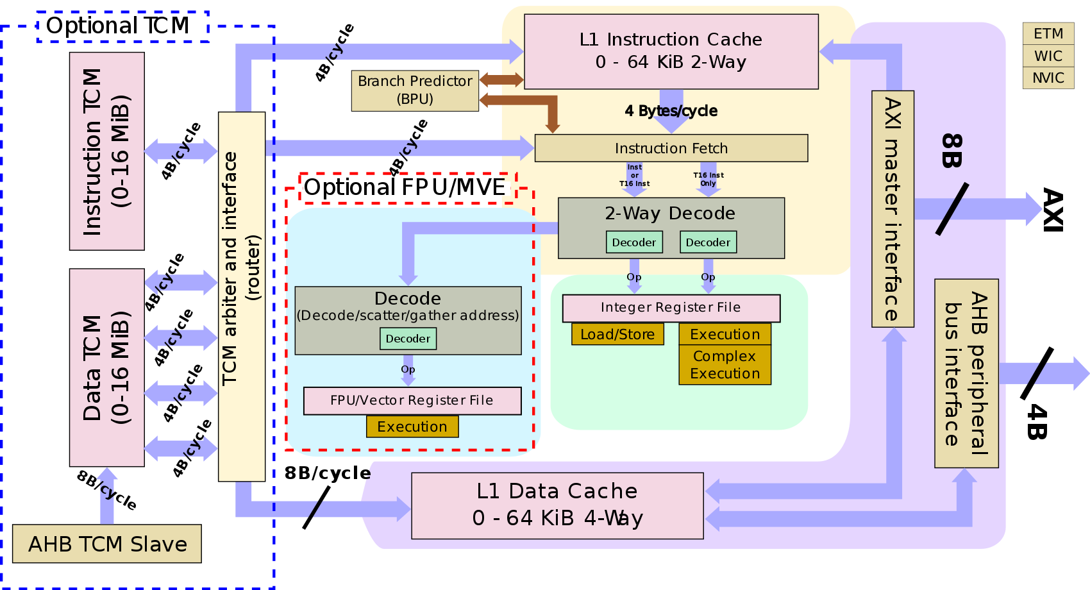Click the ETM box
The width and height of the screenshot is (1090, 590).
[x=1048, y=33]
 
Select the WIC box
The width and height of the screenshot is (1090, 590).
[x=1048, y=56]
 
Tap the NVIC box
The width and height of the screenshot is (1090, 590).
[x=1048, y=78]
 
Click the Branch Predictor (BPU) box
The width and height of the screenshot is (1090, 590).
[x=415, y=90]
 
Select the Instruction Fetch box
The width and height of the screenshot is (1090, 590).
[x=671, y=148]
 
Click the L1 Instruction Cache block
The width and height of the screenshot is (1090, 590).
[x=671, y=51]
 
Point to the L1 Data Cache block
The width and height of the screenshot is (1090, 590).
[x=557, y=505]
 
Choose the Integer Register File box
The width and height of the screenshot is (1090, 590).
[x=671, y=308]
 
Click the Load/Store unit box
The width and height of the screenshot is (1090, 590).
[x=617, y=334]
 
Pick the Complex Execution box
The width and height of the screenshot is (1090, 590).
[x=725, y=365]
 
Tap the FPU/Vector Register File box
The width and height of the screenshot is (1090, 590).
[x=412, y=401]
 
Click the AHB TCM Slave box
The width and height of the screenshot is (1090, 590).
[x=107, y=544]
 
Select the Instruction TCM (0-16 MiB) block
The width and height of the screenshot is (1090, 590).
[x=106, y=151]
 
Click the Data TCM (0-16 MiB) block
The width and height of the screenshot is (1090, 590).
[x=106, y=367]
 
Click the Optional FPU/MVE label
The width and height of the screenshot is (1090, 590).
[x=404, y=187]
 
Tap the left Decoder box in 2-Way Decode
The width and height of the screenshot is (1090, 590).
[x=633, y=242]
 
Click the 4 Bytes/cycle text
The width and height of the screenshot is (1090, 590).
[x=671, y=111]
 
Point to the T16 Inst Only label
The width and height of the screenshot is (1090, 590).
[x=708, y=179]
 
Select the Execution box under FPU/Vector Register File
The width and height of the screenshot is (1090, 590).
[x=412, y=426]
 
